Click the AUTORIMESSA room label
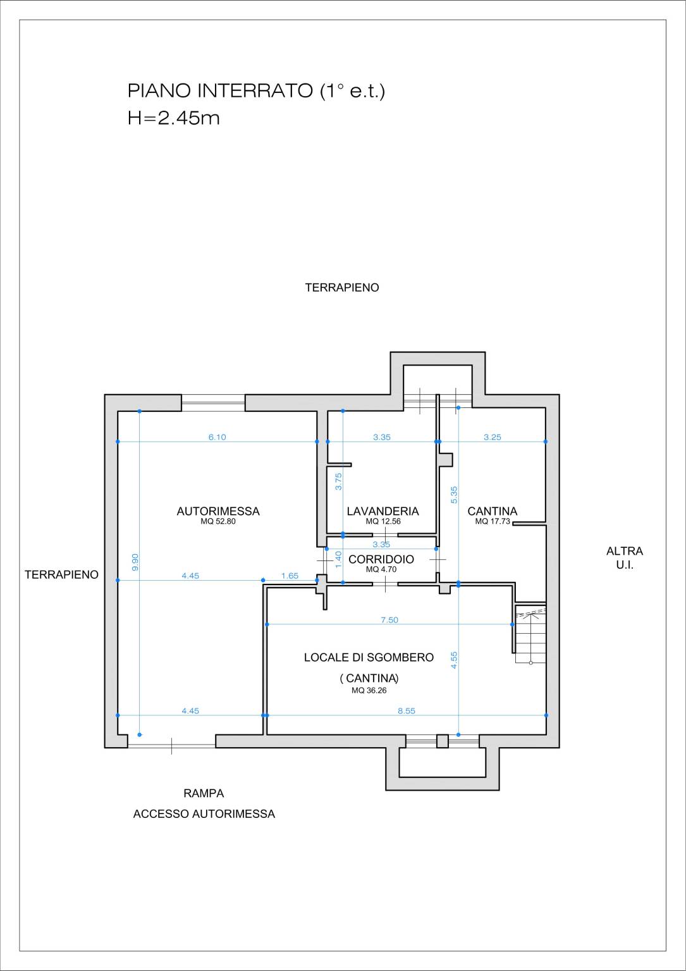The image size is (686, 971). coord(218,511)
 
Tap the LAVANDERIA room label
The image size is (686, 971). coord(383,511)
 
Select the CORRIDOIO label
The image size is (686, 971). coord(381,559)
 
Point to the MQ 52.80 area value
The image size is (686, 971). coord(218,521)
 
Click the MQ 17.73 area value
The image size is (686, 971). coord(493,521)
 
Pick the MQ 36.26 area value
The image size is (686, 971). coord(369,691)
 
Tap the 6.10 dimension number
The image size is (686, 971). coord(217,437)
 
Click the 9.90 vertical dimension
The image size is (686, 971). coord(135,562)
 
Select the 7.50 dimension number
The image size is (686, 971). coord(389,620)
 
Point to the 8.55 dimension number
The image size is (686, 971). coord(407,711)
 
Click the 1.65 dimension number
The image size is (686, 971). coord(290,576)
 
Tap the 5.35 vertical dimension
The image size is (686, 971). coord(454,495)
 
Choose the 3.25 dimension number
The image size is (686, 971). coord(493,437)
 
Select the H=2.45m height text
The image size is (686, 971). coord(174,118)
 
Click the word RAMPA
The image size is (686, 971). coord(204,793)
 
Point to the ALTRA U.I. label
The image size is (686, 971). coord(625,559)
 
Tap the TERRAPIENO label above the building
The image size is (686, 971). coord(342,288)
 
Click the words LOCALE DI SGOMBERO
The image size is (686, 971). coord(369,657)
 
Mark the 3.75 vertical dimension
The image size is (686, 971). coord(339,481)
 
